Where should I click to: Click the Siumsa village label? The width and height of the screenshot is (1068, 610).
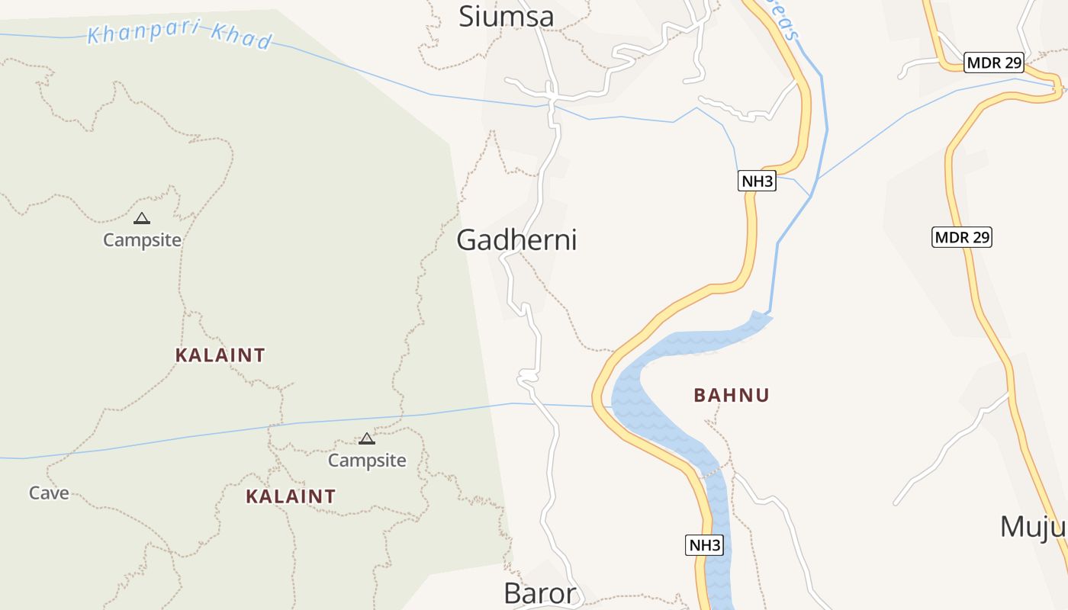[506, 16]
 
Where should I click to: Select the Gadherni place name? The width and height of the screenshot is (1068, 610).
[516, 240]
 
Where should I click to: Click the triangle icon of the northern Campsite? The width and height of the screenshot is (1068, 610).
[141, 219]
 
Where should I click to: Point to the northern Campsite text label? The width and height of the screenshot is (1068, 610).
[142, 240]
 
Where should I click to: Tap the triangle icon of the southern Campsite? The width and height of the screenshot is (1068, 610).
[367, 438]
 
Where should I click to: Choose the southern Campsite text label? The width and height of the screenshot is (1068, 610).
[367, 461]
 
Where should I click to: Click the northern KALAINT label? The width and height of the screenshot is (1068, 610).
[220, 355]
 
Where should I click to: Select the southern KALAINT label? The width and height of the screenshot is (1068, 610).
[291, 496]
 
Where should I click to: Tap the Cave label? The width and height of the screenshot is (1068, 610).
[49, 493]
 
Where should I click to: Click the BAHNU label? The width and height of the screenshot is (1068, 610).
[732, 395]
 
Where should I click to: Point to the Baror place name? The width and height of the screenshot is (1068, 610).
[539, 593]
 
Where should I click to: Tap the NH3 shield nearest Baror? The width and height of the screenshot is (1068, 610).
[704, 545]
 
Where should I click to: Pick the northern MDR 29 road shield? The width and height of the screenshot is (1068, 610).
[993, 63]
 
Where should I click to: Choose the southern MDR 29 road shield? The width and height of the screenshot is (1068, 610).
[962, 237]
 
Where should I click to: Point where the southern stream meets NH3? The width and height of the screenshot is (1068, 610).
[594, 406]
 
